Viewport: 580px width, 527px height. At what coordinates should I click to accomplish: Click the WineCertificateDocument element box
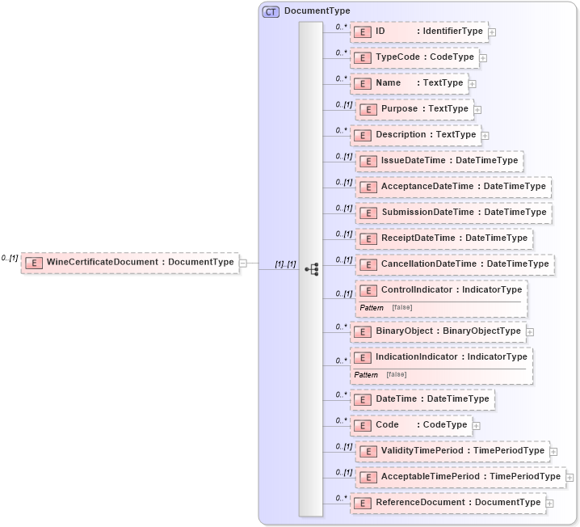(130, 262)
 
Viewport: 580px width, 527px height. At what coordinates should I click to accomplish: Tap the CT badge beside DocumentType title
(271, 11)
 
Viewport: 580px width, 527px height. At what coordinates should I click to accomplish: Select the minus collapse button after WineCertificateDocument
(243, 263)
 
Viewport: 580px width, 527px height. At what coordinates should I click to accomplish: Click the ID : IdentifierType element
(418, 32)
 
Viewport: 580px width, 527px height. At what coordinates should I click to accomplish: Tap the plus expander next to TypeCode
(483, 58)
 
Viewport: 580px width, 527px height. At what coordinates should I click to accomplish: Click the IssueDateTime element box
(439, 161)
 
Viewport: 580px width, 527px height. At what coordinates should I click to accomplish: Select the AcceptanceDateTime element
(453, 187)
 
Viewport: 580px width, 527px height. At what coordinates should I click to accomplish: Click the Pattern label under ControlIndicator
(372, 308)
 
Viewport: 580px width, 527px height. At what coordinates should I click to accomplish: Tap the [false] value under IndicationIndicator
(396, 374)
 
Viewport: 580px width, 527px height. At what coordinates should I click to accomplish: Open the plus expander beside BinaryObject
(530, 331)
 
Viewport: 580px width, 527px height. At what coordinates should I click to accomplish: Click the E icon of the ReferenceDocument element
(363, 503)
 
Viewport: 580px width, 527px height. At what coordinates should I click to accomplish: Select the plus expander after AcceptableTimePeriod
(570, 478)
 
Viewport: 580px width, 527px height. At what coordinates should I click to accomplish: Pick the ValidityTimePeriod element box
(452, 451)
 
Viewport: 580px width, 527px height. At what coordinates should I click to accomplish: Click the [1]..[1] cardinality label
(285, 264)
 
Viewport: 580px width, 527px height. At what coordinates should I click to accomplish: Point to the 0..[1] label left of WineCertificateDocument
(10, 258)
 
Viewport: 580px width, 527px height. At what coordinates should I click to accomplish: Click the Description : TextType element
(414, 135)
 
